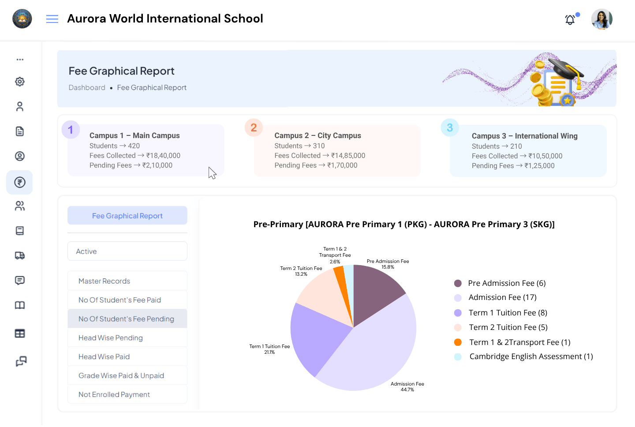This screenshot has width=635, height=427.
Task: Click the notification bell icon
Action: pos(570,20)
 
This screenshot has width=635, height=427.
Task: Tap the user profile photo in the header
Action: pos(601,19)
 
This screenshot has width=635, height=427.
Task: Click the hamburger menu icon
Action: pos(52,19)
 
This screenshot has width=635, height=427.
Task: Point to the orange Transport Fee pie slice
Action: pos(340,282)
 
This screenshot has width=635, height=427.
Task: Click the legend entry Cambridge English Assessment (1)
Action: pos(530,356)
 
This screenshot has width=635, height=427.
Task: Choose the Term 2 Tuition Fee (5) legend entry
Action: pos(508,327)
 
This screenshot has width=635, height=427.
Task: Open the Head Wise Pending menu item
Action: pos(111,338)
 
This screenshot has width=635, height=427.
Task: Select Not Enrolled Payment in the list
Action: pos(114,394)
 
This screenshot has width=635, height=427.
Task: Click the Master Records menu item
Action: pos(105,281)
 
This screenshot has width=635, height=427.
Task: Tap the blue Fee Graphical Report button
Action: pos(127,216)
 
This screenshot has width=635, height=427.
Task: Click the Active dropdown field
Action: pos(127,251)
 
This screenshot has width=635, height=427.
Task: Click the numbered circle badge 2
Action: pos(254,128)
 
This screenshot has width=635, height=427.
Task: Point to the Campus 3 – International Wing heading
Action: pos(524,136)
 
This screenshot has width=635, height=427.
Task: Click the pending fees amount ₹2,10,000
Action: pos(157,165)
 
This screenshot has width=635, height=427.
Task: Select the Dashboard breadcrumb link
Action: pos(87,88)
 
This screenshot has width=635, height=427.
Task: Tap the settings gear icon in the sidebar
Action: pos(20,82)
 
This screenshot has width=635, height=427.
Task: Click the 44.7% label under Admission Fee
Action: pos(407,390)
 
